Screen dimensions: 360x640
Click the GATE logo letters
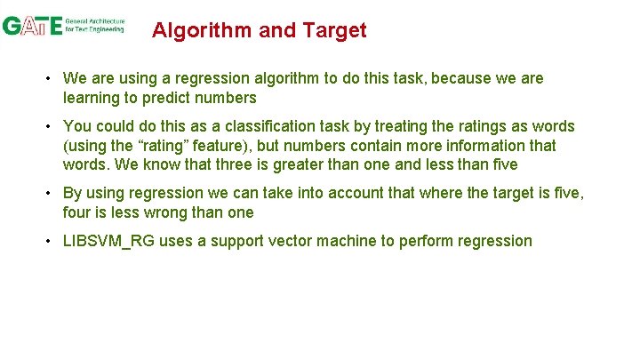[x=32, y=26]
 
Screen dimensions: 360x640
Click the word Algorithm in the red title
[x=202, y=31]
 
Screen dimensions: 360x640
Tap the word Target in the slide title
[x=333, y=31]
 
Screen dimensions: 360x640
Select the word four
[x=78, y=213]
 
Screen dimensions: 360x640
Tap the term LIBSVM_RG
[x=108, y=242]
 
